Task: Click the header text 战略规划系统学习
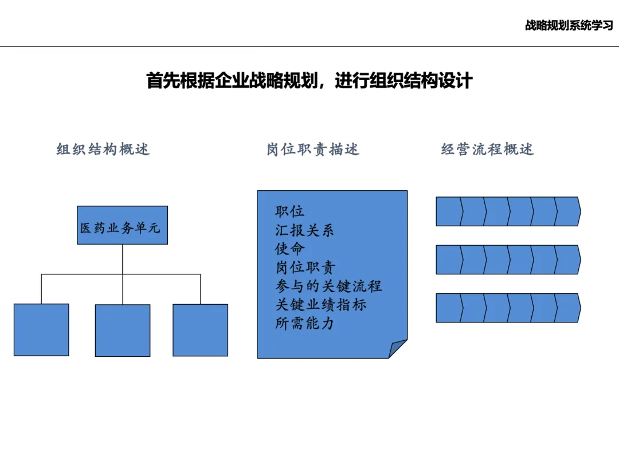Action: coord(569,26)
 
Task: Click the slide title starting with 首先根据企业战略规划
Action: coord(309,80)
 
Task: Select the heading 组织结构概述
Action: coord(103,150)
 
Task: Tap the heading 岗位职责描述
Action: coord(313,150)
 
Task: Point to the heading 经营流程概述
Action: coord(487,150)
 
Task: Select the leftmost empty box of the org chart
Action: coord(41,329)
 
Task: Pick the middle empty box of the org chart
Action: coord(122,330)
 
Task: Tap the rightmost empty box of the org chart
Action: coord(200,329)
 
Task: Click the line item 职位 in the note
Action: coord(289,212)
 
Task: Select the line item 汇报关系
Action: coord(304,230)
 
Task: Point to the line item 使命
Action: coord(289,249)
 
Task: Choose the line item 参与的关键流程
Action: coord(328,286)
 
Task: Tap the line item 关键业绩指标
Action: coord(320,305)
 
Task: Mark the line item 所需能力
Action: coord(304,323)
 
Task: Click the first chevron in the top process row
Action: coord(449,211)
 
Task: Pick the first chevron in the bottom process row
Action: coord(449,308)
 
